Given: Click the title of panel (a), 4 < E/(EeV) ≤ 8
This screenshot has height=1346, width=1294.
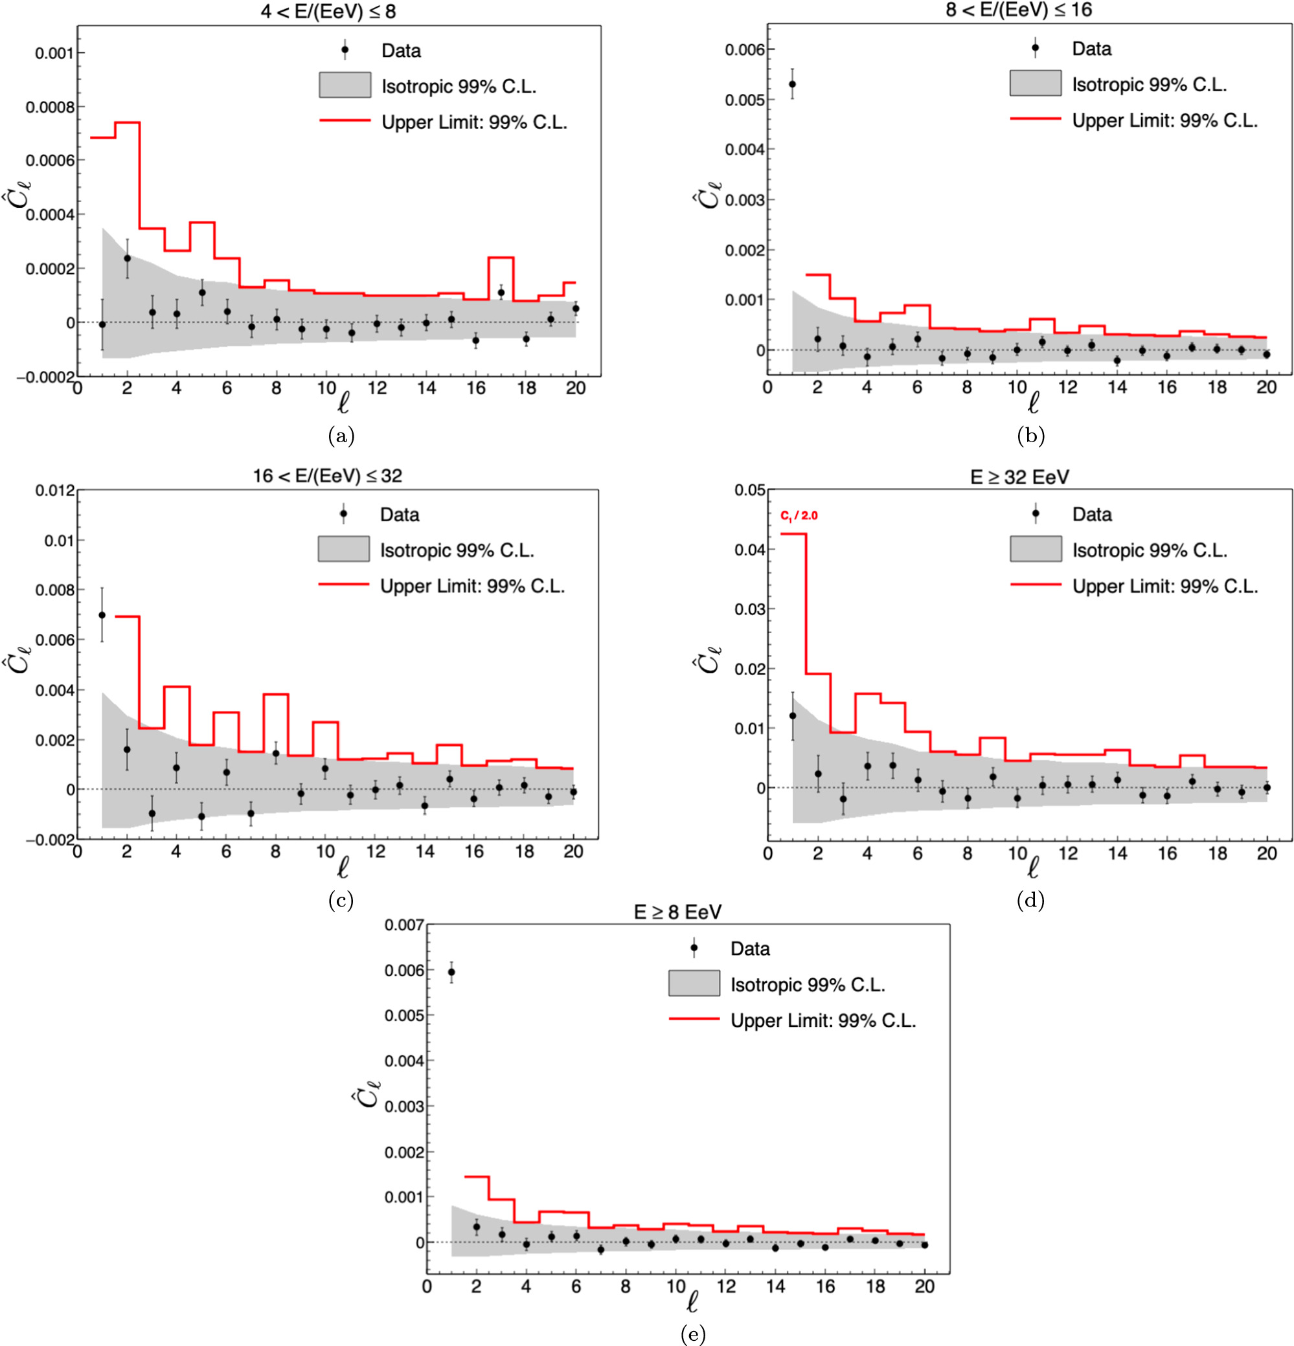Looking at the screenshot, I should pyautogui.click(x=328, y=12).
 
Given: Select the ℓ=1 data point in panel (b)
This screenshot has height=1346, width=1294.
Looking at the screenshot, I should pyautogui.click(x=792, y=84).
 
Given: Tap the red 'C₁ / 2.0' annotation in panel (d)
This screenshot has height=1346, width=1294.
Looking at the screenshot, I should pyautogui.click(x=799, y=516).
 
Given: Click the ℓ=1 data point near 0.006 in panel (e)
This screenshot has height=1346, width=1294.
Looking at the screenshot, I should pyautogui.click(x=451, y=972).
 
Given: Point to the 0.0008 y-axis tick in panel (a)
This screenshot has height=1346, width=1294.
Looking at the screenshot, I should pyautogui.click(x=49, y=107).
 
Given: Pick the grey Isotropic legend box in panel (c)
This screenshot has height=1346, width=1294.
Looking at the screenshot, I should pyautogui.click(x=343, y=550).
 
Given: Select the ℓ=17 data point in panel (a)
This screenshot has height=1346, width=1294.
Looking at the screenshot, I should pyautogui.click(x=501, y=293).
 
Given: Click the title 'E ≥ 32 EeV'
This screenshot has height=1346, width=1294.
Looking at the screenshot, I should pyautogui.click(x=1019, y=477).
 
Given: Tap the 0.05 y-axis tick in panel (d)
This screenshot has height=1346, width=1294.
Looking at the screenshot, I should pyautogui.click(x=749, y=490).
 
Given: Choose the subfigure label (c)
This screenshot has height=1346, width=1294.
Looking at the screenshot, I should pyautogui.click(x=341, y=900).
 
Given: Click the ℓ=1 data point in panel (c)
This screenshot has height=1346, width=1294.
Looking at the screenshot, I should pyautogui.click(x=102, y=615).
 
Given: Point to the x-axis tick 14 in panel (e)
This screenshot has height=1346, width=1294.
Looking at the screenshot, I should pyautogui.click(x=775, y=1286).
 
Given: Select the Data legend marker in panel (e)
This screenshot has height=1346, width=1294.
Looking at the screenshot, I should pyautogui.click(x=694, y=948).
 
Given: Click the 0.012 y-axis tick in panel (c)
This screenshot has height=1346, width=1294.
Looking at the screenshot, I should pyautogui.click(x=54, y=490).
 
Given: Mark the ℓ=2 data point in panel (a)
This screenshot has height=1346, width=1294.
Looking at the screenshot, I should pyautogui.click(x=127, y=258).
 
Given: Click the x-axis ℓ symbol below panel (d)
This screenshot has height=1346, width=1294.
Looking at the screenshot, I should pyautogui.click(x=1032, y=868).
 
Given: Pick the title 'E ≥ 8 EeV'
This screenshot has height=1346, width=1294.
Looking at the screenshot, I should pyautogui.click(x=677, y=912).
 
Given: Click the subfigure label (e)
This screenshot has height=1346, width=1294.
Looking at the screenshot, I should pyautogui.click(x=692, y=1334).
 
